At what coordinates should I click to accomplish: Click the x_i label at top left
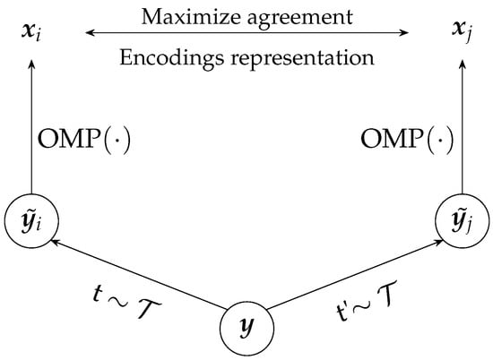[32, 35]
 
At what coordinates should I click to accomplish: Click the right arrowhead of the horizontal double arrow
[404, 35]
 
